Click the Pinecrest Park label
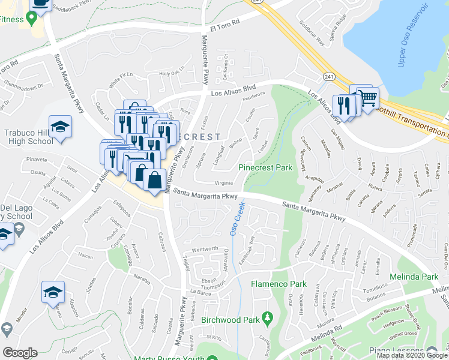(x=266, y=167)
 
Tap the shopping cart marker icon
(x=367, y=97)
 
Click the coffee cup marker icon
(x=41, y=4)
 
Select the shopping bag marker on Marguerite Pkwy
(x=154, y=179)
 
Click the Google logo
(x=20, y=353)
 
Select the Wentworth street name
(x=204, y=250)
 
